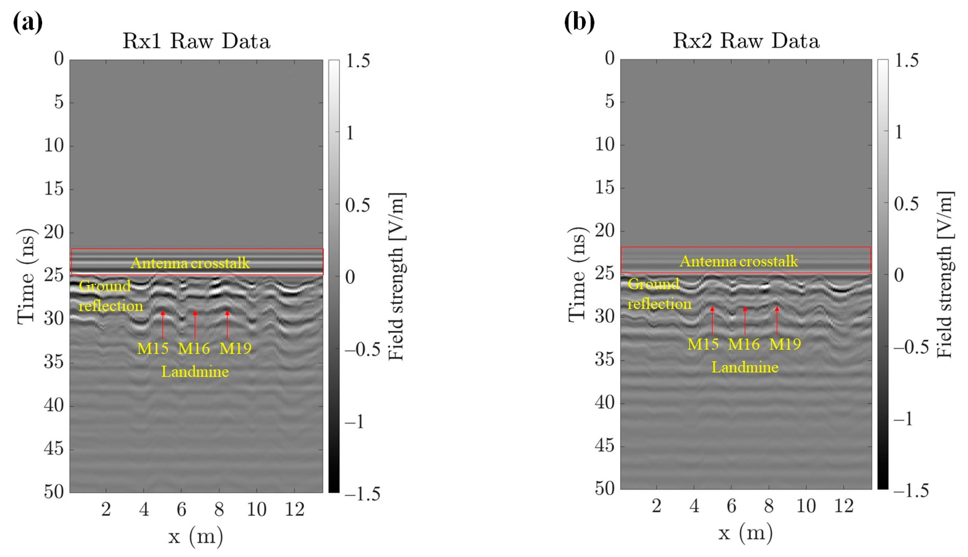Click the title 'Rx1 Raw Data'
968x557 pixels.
196,41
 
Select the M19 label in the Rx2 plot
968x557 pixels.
785,344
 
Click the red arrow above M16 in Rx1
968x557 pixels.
195,325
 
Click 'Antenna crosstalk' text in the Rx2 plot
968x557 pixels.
739,261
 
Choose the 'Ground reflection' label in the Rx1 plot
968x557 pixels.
110,296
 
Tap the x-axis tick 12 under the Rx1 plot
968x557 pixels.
294,509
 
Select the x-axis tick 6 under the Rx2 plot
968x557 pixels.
731,506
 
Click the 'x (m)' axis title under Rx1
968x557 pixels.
195,536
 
